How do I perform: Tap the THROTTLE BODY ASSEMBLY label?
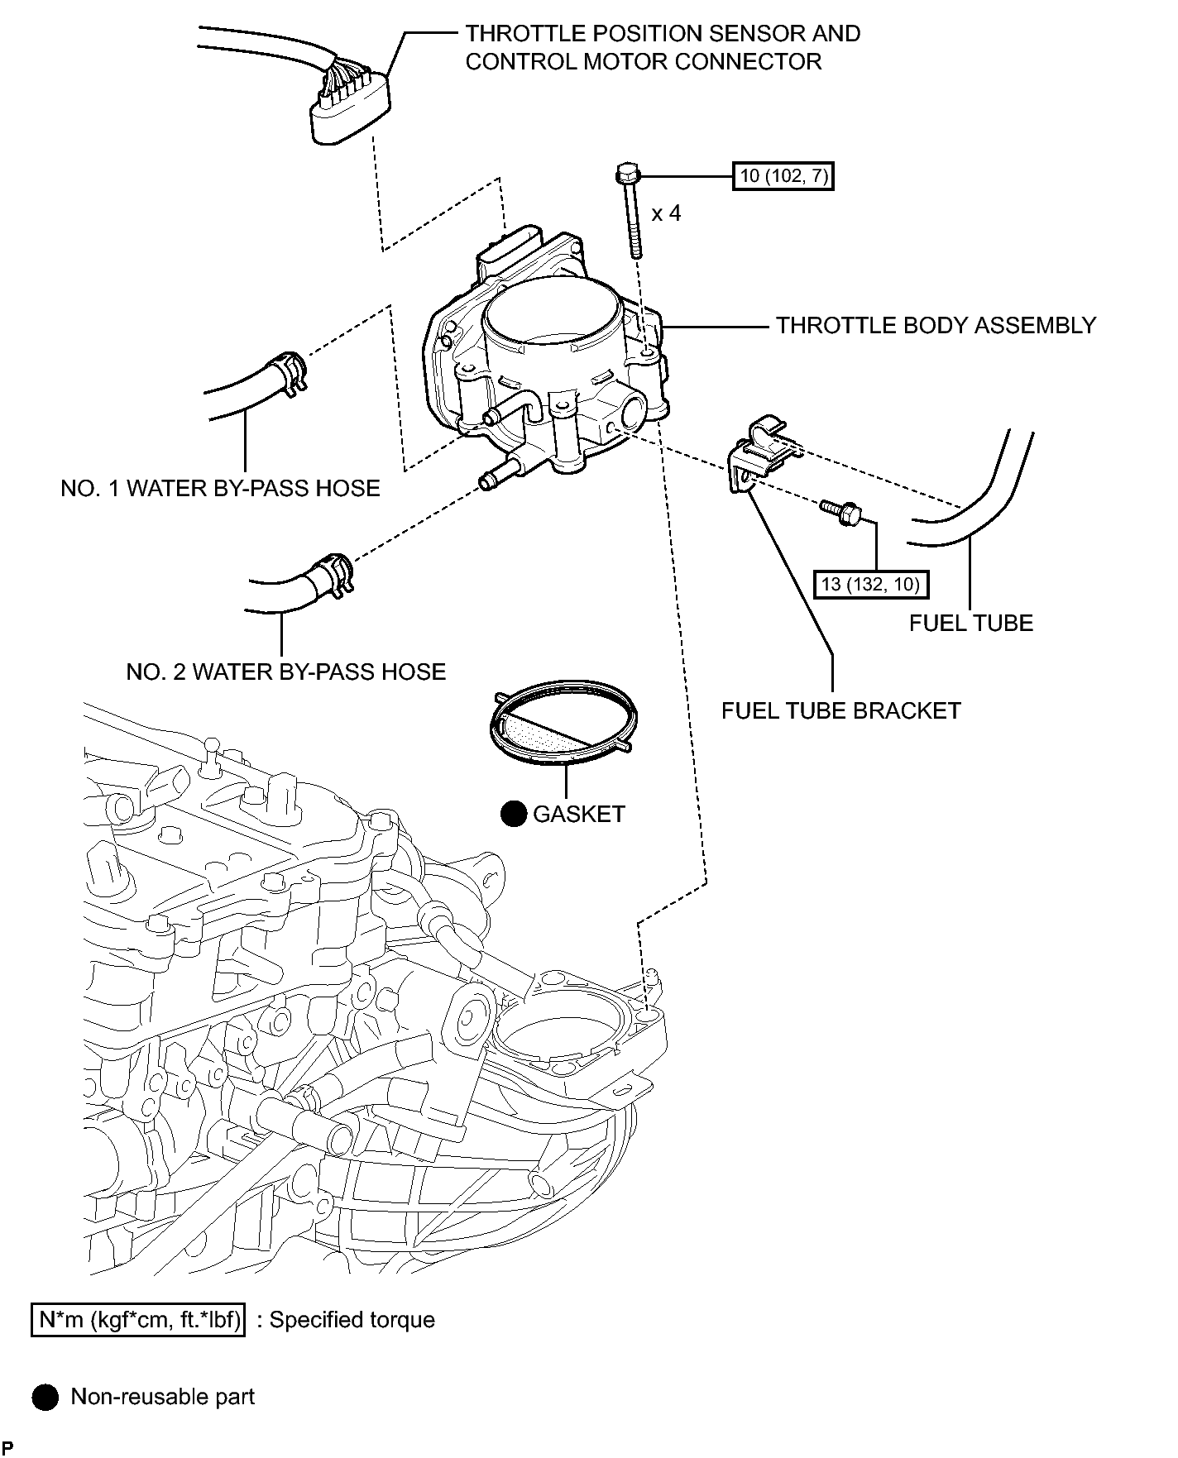pyautogui.click(x=936, y=325)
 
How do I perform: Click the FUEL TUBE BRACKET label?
pyautogui.click(x=841, y=710)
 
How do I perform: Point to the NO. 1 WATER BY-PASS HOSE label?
pyautogui.click(x=220, y=488)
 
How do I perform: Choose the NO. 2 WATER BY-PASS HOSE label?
pyautogui.click(x=285, y=672)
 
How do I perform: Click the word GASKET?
pyautogui.click(x=579, y=814)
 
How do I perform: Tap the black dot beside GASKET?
pyautogui.click(x=514, y=815)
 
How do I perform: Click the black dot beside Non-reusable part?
pyautogui.click(x=45, y=1397)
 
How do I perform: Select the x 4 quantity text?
pyautogui.click(x=666, y=213)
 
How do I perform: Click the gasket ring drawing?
pyautogui.click(x=563, y=719)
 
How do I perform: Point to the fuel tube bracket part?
pyautogui.click(x=763, y=457)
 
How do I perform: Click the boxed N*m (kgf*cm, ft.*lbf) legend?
pyautogui.click(x=138, y=1319)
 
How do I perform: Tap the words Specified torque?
pyautogui.click(x=352, y=1320)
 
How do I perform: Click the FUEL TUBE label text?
pyautogui.click(x=971, y=623)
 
